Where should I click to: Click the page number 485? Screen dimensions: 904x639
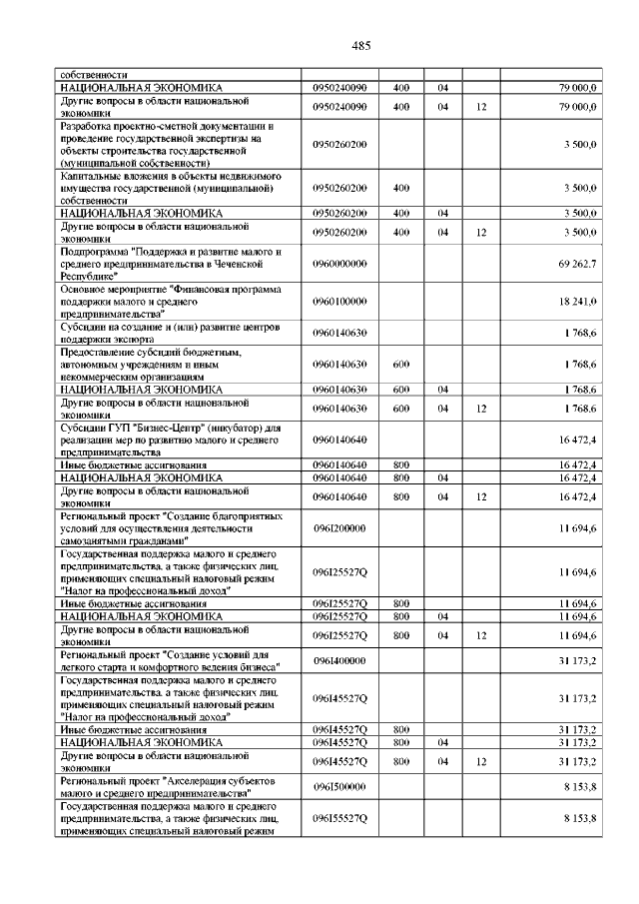point(361,45)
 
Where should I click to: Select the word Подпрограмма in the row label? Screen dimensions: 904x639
point(95,252)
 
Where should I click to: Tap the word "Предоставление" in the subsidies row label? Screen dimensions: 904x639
point(102,352)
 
